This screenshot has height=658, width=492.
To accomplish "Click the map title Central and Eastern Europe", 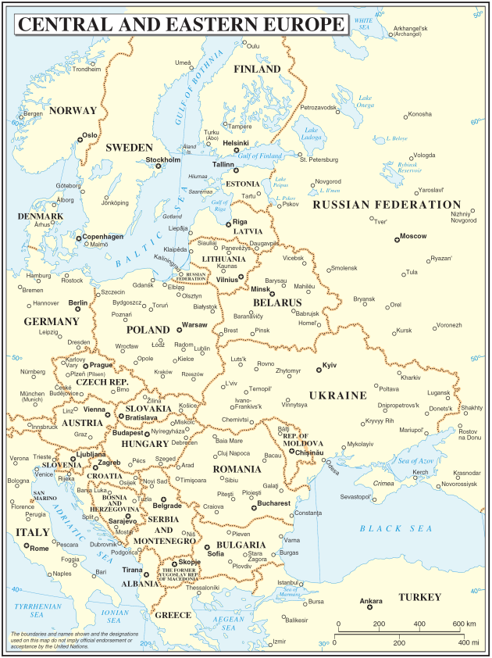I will pos(180,24).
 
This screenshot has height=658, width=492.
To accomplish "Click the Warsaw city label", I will pos(194,324).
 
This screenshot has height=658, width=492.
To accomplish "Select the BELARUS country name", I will pos(276,302).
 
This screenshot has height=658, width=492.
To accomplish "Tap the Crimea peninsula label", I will pos(383,484).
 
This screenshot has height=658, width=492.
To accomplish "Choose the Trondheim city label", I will pos(86,69).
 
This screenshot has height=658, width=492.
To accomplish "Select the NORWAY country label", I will pos(73,111).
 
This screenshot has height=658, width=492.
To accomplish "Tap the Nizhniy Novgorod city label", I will pos(463,216).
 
